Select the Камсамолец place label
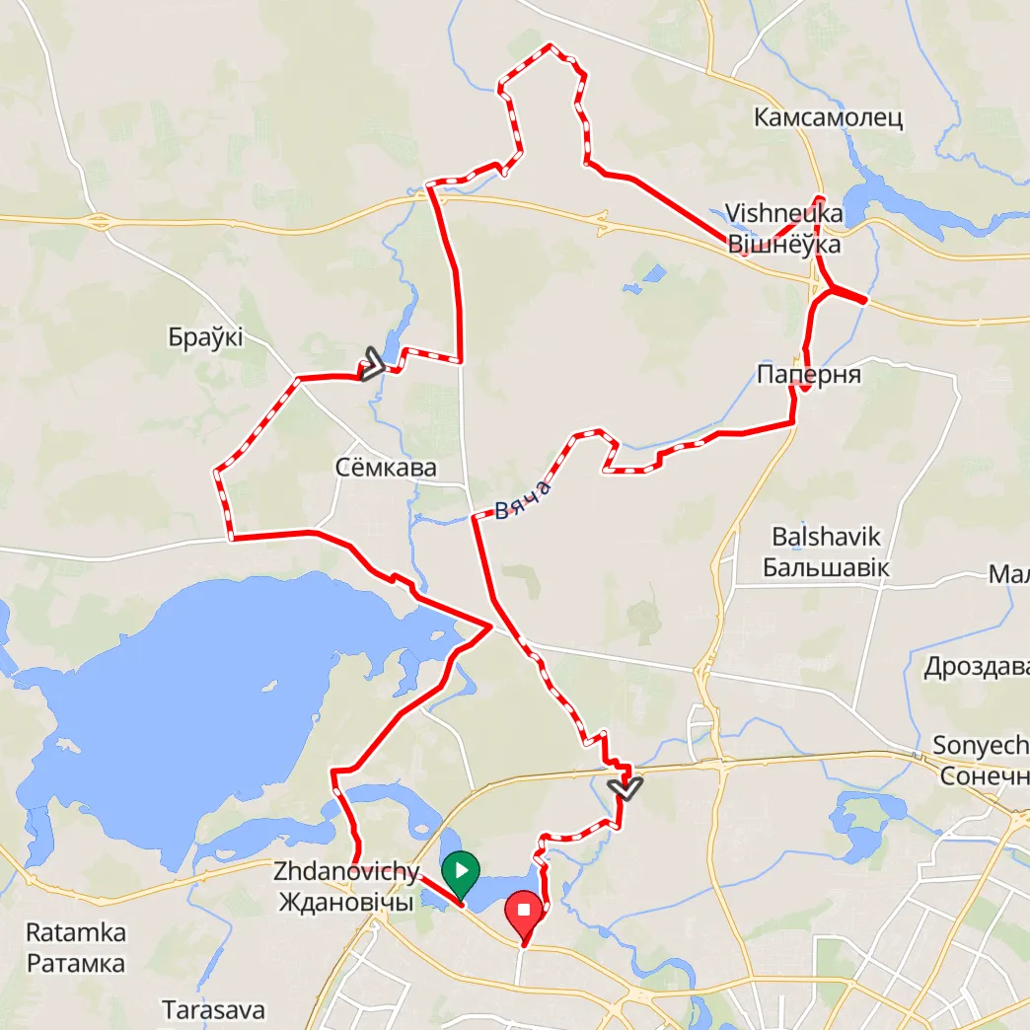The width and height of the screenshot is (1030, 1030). tap(828, 118)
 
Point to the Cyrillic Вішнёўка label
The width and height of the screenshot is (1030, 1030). tap(783, 244)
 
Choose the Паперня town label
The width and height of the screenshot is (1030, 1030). tap(809, 375)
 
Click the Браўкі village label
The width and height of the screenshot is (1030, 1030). tap(205, 337)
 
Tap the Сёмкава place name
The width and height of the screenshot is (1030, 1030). tap(386, 468)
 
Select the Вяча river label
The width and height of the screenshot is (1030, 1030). tap(522, 499)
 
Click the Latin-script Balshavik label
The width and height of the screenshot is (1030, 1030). tap(827, 538)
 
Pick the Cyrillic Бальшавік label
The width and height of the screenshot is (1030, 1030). tap(827, 568)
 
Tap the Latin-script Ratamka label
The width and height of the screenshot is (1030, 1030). tap(76, 932)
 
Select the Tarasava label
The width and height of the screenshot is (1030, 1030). tap(213, 1010)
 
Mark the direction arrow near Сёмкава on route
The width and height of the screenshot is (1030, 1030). tap(373, 364)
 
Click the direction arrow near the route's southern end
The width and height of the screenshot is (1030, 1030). tap(625, 787)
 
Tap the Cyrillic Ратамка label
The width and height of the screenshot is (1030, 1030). tap(76, 963)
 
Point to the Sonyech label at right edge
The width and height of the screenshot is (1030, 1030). tap(982, 746)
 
